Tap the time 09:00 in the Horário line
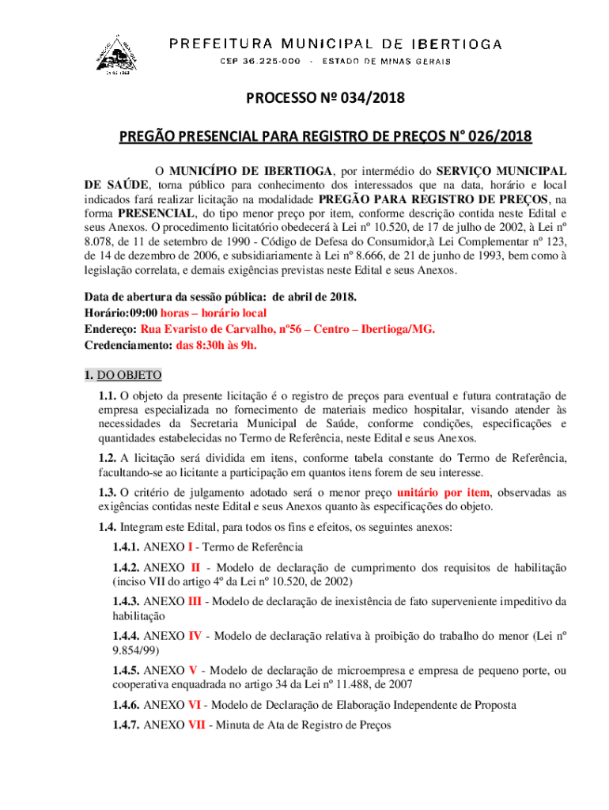(144, 313)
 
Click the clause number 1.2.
(108, 458)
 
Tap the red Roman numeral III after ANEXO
(195, 601)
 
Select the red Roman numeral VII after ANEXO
(196, 723)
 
